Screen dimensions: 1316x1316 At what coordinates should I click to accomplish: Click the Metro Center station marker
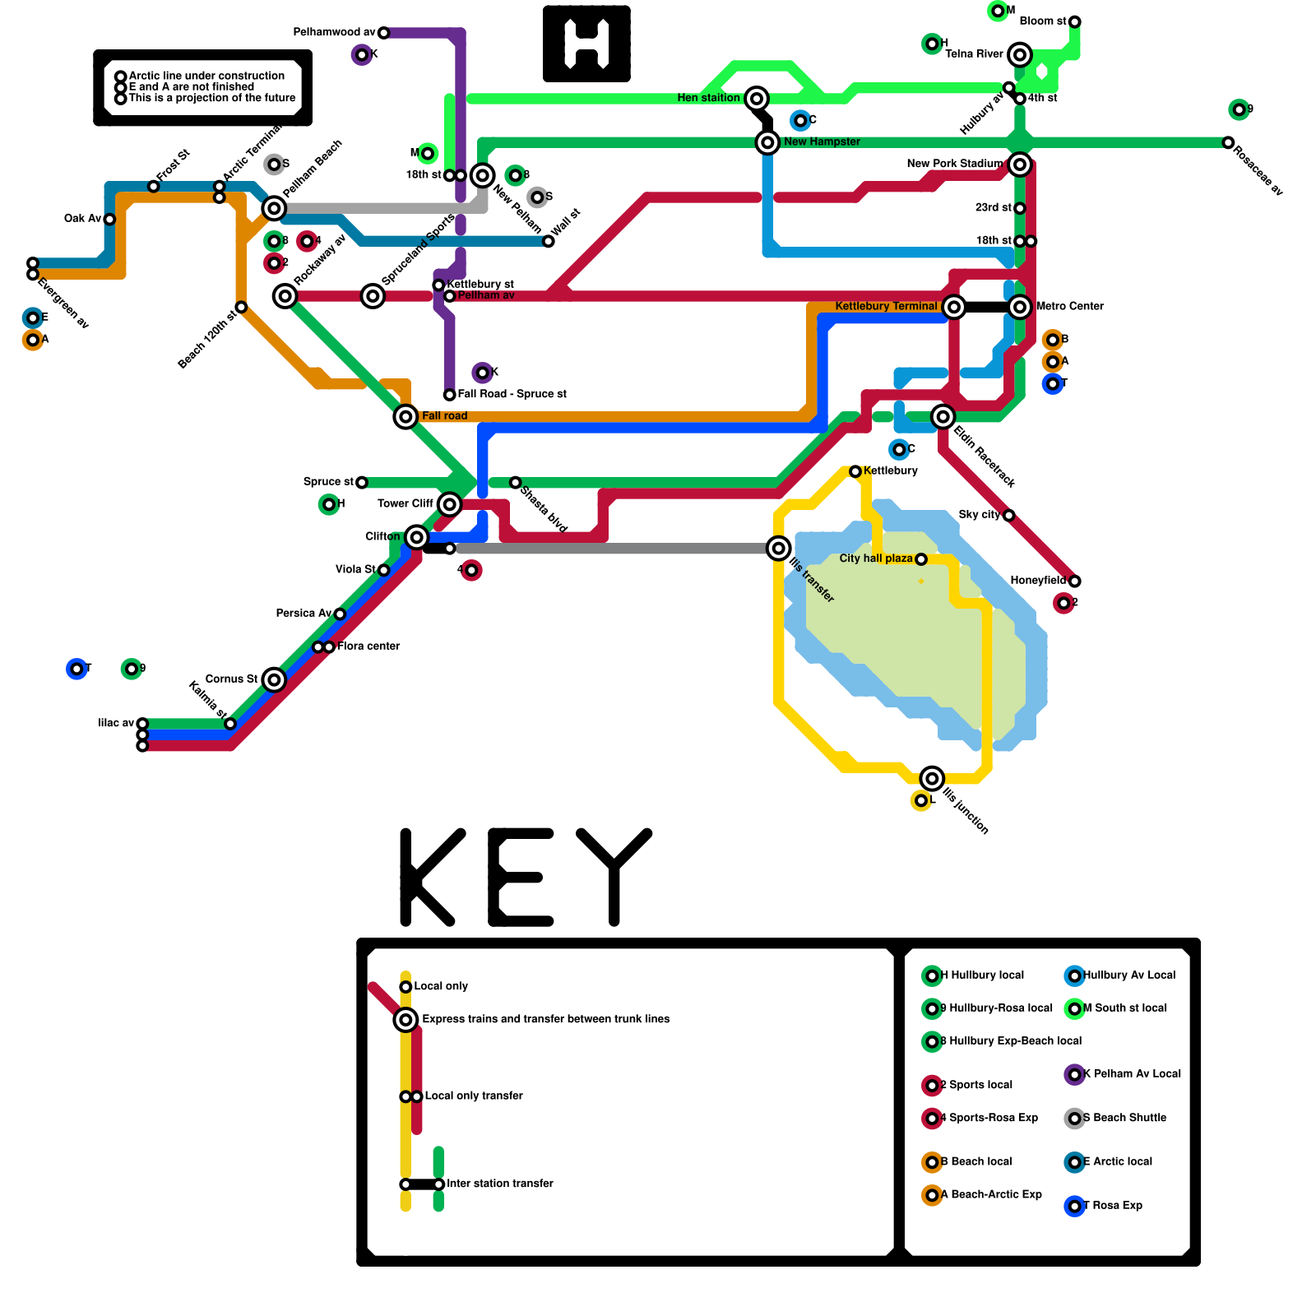[1020, 307]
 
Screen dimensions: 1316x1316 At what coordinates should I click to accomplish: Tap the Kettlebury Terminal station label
[886, 306]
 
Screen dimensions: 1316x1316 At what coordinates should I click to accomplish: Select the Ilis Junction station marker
[932, 778]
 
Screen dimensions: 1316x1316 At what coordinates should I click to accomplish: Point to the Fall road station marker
[405, 417]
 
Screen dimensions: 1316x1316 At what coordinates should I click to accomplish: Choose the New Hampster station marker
[767, 142]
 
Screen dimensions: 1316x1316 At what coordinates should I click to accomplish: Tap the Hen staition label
[708, 98]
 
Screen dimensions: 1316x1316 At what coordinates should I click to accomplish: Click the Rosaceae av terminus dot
[1228, 143]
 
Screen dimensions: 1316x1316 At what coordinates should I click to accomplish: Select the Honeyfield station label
[1037, 581]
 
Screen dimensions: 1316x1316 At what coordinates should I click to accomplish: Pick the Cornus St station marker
[275, 679]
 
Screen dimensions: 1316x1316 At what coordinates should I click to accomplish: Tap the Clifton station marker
[417, 537]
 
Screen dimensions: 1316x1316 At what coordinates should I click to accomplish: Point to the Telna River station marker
[1020, 55]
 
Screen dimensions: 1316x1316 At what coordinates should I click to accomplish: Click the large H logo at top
[586, 44]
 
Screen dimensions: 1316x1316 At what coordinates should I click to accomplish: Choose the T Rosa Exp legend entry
[1111, 1206]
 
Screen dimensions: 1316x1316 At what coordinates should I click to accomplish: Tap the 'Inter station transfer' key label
[500, 1184]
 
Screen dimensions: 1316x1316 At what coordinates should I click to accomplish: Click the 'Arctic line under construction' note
[206, 76]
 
